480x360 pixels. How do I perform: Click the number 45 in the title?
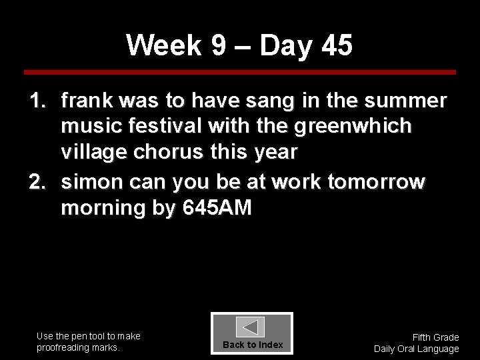pyautogui.click(x=337, y=46)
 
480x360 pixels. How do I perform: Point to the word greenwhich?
pyautogui.click(x=355, y=126)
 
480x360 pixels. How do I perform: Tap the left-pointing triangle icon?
pyautogui.click(x=251, y=327)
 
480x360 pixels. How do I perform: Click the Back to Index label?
pyautogui.click(x=253, y=345)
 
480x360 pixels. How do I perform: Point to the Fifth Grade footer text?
pyautogui.click(x=435, y=337)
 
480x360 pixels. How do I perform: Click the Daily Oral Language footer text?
pyautogui.click(x=417, y=349)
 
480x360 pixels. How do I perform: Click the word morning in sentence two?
pyautogui.click(x=103, y=208)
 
